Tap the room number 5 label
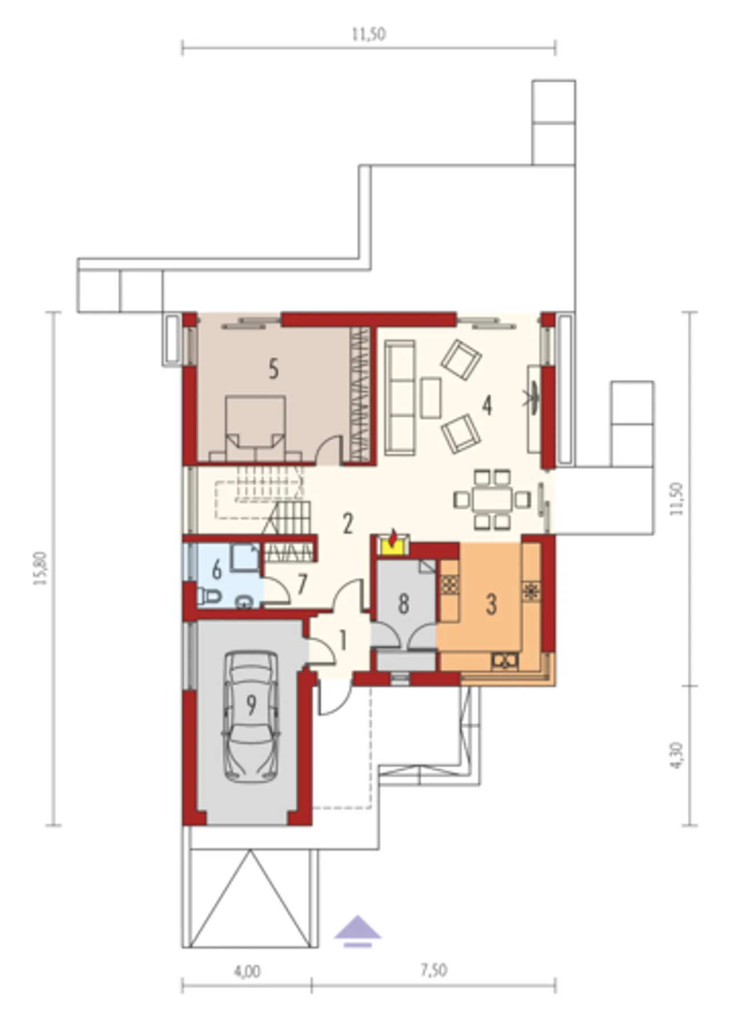click(x=274, y=369)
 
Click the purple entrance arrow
click(x=358, y=931)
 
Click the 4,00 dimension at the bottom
click(x=247, y=971)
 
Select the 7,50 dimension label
click(x=434, y=970)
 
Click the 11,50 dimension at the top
click(x=369, y=34)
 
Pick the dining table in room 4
click(x=492, y=500)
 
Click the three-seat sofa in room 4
click(x=400, y=398)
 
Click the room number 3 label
click(x=491, y=604)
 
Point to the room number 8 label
click(x=404, y=604)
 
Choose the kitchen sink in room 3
click(x=505, y=661)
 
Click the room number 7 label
click(x=302, y=584)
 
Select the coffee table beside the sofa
click(x=431, y=398)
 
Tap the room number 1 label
click(x=343, y=641)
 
